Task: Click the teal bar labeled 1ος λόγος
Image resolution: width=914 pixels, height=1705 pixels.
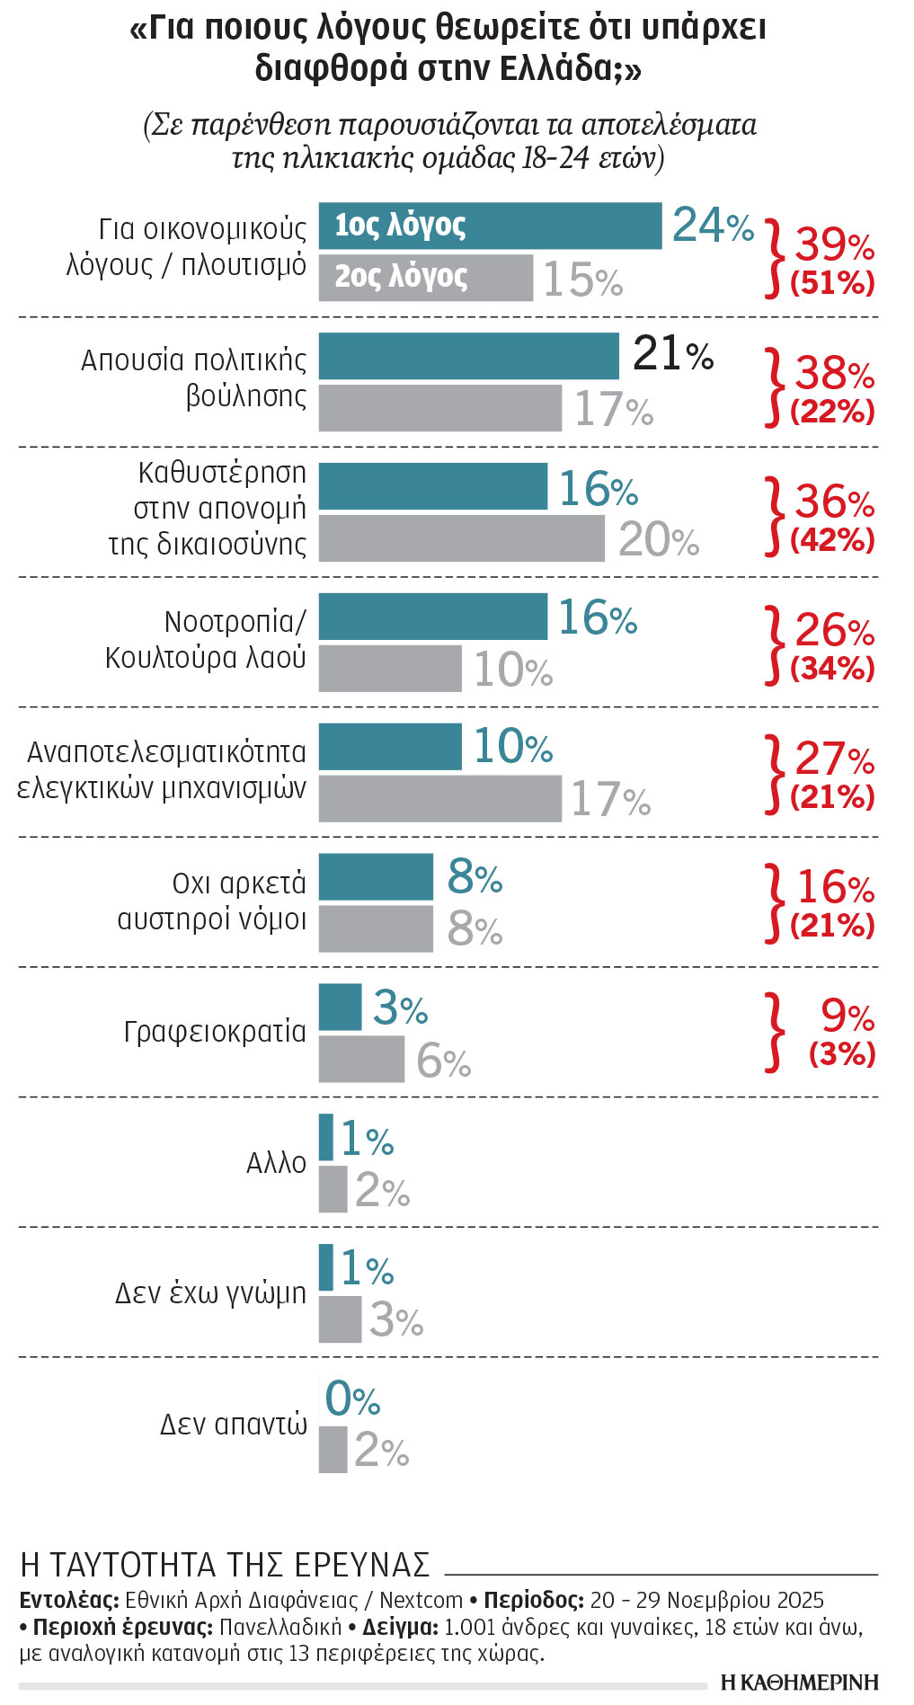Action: [x=490, y=226]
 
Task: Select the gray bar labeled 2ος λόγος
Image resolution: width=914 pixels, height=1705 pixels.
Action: [x=425, y=278]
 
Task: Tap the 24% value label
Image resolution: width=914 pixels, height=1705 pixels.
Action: [x=712, y=226]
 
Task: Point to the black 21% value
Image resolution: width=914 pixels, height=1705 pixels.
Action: [x=672, y=354]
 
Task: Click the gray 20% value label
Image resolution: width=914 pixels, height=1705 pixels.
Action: [x=658, y=540]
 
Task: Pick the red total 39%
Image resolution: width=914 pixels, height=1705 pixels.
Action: [x=833, y=244]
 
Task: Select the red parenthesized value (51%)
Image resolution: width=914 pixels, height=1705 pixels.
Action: [x=832, y=284]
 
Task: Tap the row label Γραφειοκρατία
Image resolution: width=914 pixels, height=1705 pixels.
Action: [x=215, y=1032]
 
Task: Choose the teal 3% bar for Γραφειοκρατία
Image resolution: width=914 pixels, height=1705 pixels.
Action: [x=340, y=1008]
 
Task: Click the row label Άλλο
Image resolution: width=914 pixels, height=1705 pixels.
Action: [x=276, y=1163]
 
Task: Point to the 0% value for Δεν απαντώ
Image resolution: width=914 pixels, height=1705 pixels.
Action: [x=351, y=1399]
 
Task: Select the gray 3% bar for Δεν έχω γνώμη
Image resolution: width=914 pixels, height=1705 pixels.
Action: [x=340, y=1319]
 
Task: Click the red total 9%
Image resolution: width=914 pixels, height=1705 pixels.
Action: [x=847, y=1017]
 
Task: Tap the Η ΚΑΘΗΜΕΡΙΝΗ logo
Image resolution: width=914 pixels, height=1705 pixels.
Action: [x=799, y=1682]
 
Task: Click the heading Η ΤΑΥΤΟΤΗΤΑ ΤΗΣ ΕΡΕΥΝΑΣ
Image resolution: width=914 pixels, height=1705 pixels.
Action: [x=225, y=1565]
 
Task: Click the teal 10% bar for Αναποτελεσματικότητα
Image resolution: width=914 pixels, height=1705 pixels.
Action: [x=390, y=747]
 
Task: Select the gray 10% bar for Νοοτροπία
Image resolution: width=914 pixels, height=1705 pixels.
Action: [x=390, y=669]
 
